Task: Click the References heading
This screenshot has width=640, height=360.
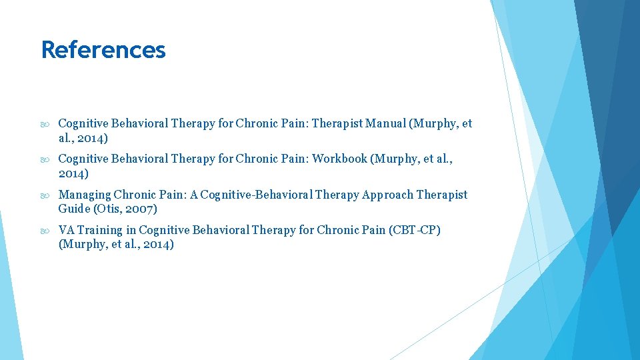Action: [x=103, y=50]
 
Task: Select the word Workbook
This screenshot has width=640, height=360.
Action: [x=339, y=159]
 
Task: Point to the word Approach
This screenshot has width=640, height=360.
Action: [x=387, y=195]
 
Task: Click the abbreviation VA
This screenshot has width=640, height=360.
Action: [x=67, y=230]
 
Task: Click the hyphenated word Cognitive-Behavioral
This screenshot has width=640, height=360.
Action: [x=257, y=195]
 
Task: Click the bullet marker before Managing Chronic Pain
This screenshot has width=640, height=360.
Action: [x=45, y=195]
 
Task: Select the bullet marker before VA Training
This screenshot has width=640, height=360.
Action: [x=45, y=230]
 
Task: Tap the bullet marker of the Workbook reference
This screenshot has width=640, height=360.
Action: [x=45, y=159]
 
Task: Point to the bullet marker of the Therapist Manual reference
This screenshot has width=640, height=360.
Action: [x=45, y=123]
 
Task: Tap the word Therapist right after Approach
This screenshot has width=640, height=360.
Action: [x=442, y=195]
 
